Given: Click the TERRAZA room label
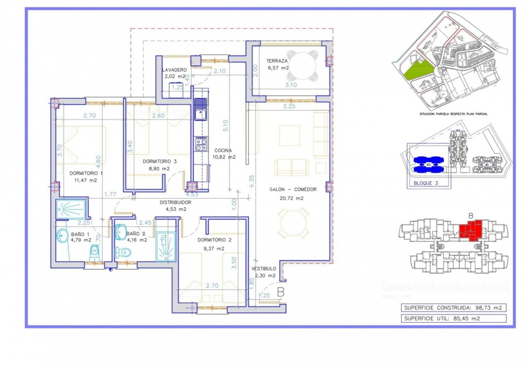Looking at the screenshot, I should point(277,61).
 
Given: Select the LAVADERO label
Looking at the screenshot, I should point(174,70).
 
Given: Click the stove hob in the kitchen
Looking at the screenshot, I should point(201,144).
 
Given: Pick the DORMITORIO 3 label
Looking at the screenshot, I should point(159,161).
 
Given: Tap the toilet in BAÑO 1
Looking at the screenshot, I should point(94,252).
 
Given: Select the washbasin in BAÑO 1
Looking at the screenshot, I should point(62,237).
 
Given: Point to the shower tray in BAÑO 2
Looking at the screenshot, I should point(165,247).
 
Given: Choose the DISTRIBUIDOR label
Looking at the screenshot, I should point(175,202).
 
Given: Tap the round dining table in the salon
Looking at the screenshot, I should point(293,223).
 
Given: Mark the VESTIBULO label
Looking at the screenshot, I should point(263,269).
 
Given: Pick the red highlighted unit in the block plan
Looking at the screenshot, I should point(471,229).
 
